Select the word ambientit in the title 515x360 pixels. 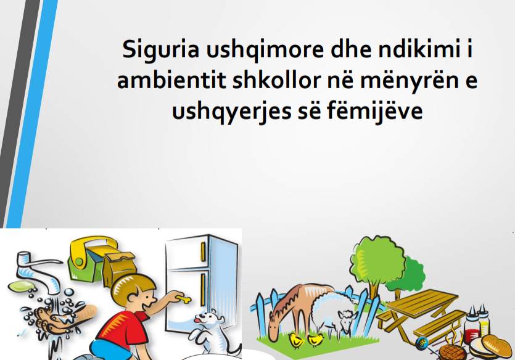[171, 81]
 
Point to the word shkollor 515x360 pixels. [276, 81]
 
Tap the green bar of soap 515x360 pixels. [21, 287]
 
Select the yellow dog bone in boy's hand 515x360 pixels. [183, 299]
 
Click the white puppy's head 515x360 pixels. [207, 318]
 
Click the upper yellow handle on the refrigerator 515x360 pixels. [203, 252]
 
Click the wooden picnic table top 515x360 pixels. [422, 302]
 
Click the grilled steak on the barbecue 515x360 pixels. [452, 352]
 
